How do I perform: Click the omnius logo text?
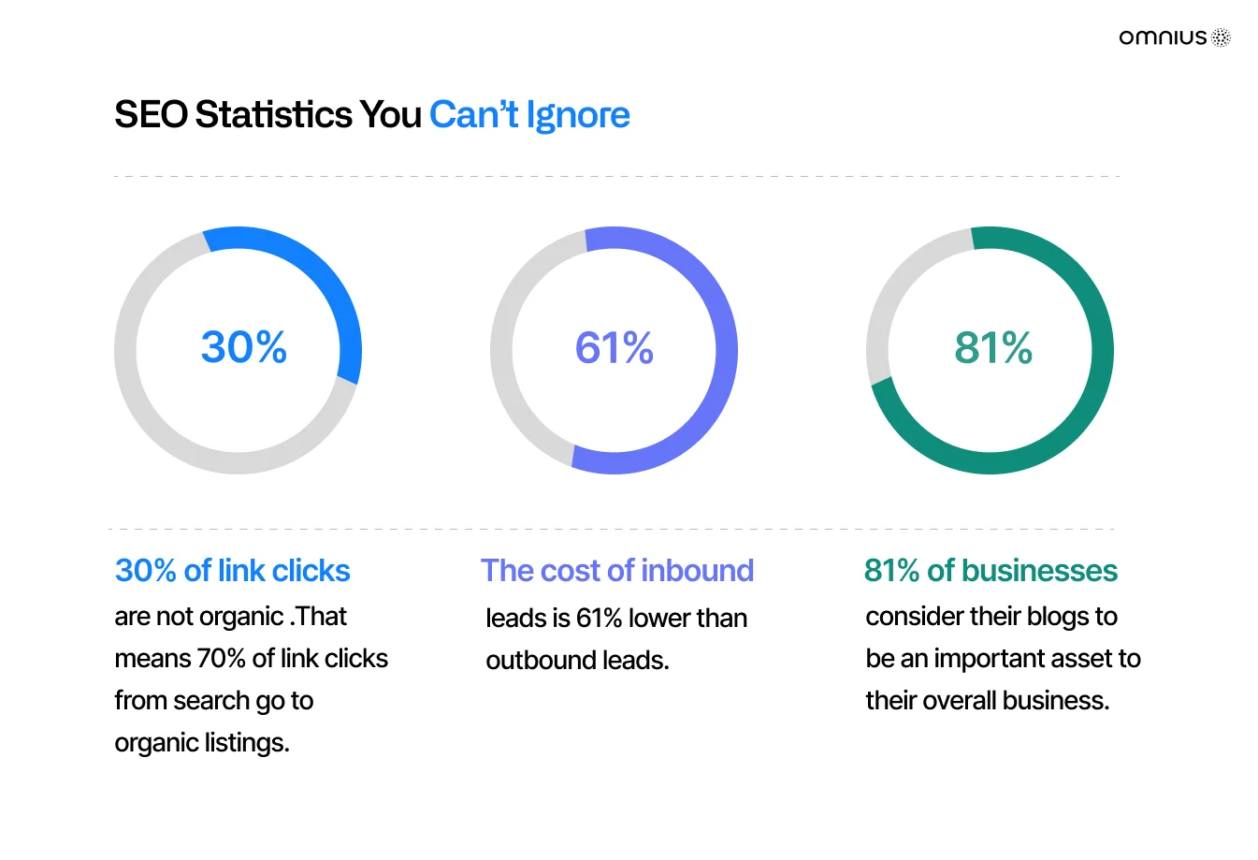pyautogui.click(x=1163, y=37)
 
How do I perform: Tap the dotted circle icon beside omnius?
pyautogui.click(x=1221, y=37)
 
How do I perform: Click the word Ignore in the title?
pyautogui.click(x=578, y=114)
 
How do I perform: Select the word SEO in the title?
pyautogui.click(x=152, y=114)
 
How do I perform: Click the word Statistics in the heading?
pyautogui.click(x=273, y=114)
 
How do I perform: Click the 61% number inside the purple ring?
pyautogui.click(x=614, y=348)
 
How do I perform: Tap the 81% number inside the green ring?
pyautogui.click(x=993, y=348)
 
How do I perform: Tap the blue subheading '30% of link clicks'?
pyautogui.click(x=233, y=571)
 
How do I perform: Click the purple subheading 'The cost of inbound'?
pyautogui.click(x=617, y=571)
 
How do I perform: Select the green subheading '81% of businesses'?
pyautogui.click(x=990, y=571)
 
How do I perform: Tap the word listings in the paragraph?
pyautogui.click(x=247, y=743)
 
